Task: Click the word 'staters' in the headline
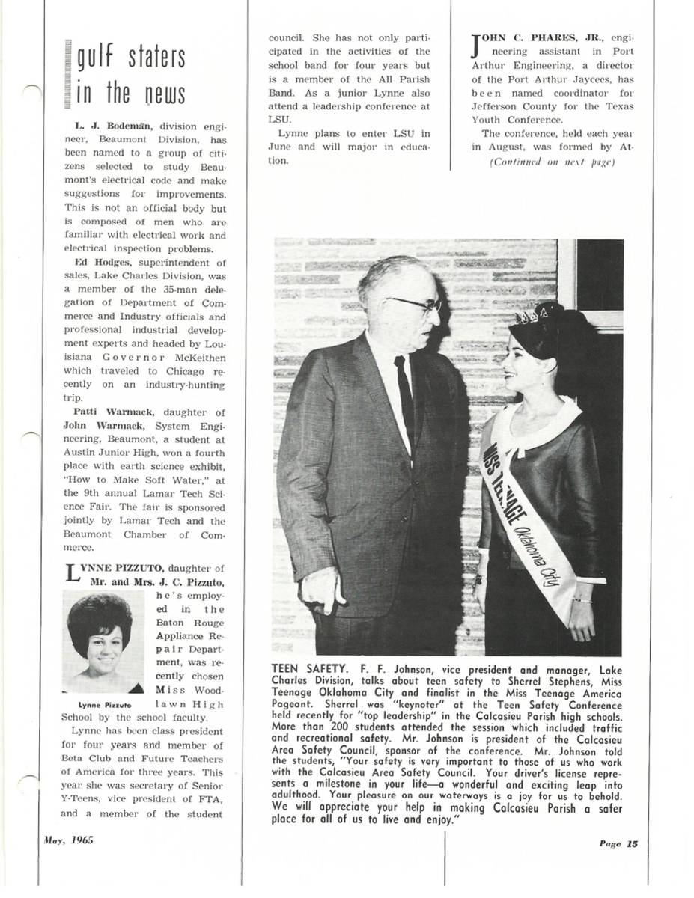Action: (x=156, y=60)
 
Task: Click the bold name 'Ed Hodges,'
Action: (x=102, y=263)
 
